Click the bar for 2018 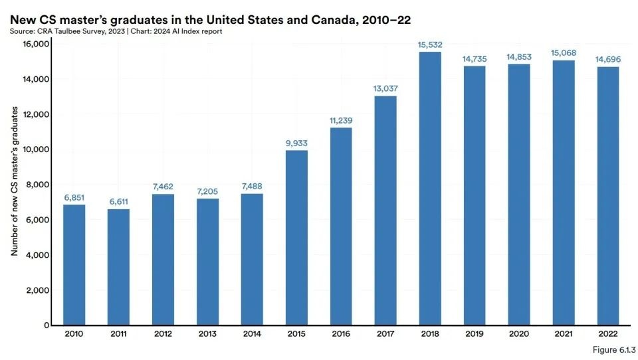[430, 189]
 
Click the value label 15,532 [430, 45]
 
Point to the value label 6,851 [74, 197]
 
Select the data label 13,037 [385, 88]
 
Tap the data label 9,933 [296, 143]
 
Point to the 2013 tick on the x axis [207, 333]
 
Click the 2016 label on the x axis [341, 333]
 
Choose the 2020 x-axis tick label [519, 333]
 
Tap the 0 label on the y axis [47, 325]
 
